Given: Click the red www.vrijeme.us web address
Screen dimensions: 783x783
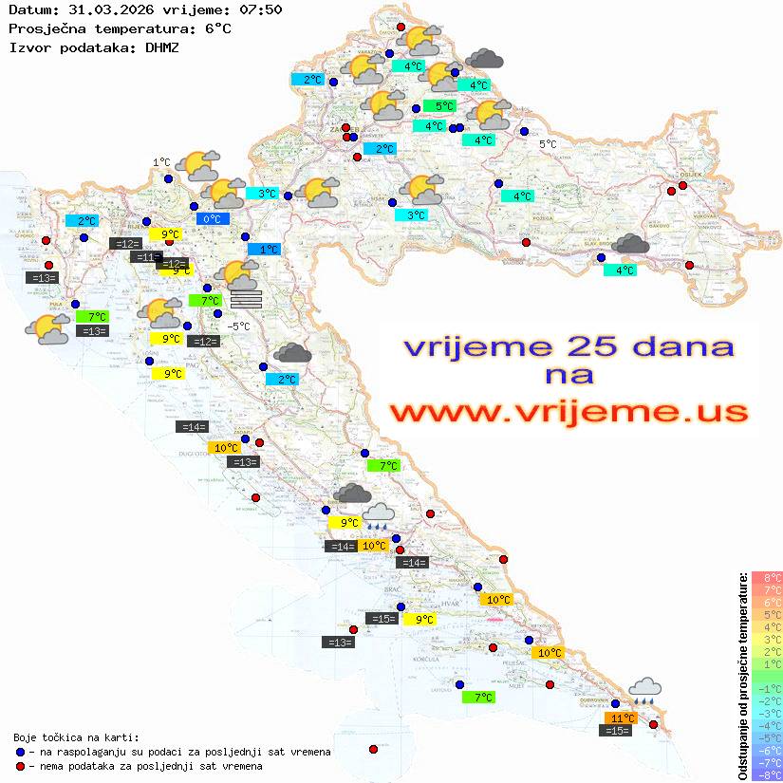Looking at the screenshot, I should click(x=569, y=412).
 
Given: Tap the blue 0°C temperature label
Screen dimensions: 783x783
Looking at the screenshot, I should click(x=213, y=219).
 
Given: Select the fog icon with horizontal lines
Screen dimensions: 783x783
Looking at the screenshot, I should click(x=246, y=299).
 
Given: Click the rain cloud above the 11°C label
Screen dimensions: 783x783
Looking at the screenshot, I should click(x=645, y=689).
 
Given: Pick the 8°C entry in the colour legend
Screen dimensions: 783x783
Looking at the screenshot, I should click(x=767, y=577).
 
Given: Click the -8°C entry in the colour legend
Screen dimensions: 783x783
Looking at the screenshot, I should click(x=767, y=775).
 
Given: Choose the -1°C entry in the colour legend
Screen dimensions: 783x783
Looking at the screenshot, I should click(x=767, y=688).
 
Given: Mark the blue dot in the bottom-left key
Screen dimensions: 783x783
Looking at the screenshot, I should click(x=20, y=752).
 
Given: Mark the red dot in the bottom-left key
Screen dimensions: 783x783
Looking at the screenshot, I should click(x=20, y=766).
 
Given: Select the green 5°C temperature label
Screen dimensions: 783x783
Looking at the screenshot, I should click(x=438, y=106).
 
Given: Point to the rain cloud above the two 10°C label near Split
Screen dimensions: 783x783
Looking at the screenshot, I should click(x=378, y=514).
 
